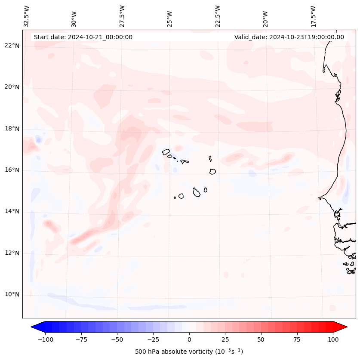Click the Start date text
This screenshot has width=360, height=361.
point(83,37)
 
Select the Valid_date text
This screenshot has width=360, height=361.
point(289,37)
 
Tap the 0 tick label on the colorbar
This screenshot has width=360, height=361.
point(189,339)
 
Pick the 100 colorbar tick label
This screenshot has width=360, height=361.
point(332,339)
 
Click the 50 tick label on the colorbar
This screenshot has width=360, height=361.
point(261,339)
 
